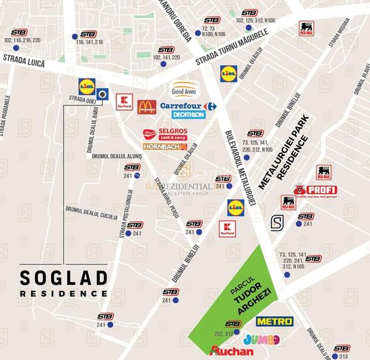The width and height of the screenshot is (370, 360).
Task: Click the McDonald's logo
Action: (x=146, y=107)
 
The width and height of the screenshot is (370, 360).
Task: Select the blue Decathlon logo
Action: (x=189, y=115)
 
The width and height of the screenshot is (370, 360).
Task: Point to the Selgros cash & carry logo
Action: (x=163, y=134)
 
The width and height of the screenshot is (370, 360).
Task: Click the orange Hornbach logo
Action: (x=165, y=147)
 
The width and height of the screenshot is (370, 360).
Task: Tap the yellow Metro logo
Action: (x=274, y=321)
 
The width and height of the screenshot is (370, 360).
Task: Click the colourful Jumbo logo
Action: (x=262, y=338)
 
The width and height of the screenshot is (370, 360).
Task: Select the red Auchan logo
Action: (x=231, y=351)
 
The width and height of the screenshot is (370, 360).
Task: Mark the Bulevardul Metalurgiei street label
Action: (x=241, y=168)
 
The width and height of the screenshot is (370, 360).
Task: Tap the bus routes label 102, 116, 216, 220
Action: (x=22, y=40)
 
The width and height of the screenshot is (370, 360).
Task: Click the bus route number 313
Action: (x=344, y=356)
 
